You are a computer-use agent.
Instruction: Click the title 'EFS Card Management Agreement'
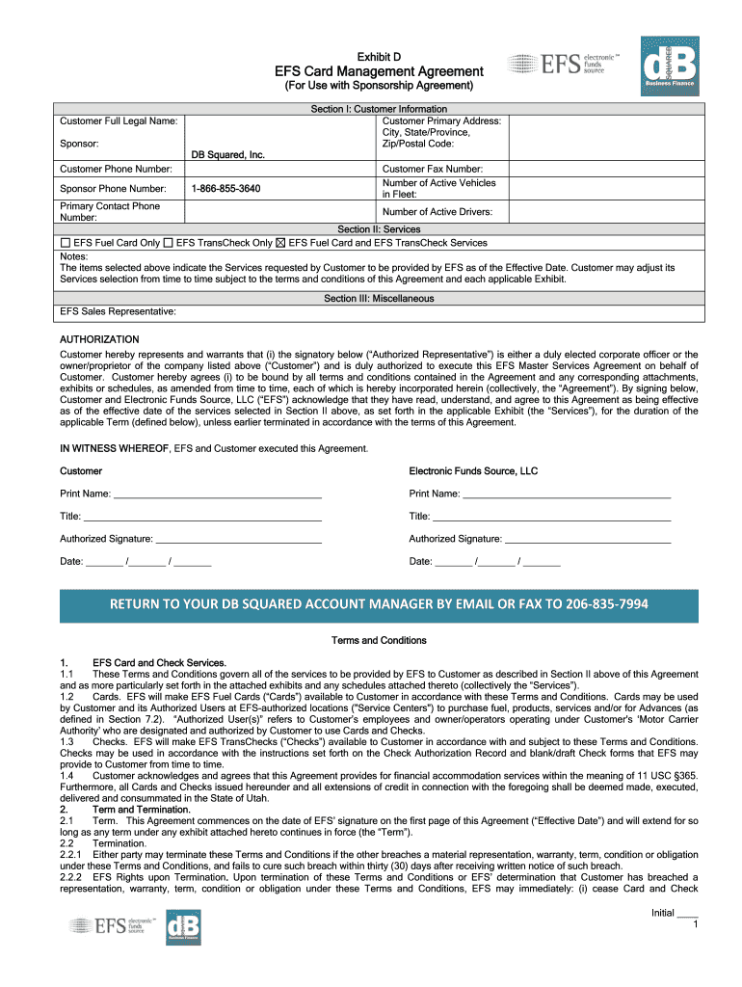379,71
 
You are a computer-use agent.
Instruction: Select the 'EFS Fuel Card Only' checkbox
66,243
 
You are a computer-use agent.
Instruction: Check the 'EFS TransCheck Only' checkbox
168,243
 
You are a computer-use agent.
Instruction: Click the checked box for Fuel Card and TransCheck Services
281,243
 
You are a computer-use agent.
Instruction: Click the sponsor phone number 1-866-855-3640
225,188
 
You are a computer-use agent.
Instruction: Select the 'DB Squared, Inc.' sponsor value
227,154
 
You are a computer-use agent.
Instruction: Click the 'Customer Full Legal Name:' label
118,120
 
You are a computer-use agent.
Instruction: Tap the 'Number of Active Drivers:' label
437,211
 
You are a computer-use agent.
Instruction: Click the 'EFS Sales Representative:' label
118,311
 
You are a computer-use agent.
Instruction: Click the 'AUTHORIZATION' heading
99,339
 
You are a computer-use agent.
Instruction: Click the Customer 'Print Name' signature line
217,494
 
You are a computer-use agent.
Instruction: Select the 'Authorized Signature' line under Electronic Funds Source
587,539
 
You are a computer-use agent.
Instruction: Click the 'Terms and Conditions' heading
379,640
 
